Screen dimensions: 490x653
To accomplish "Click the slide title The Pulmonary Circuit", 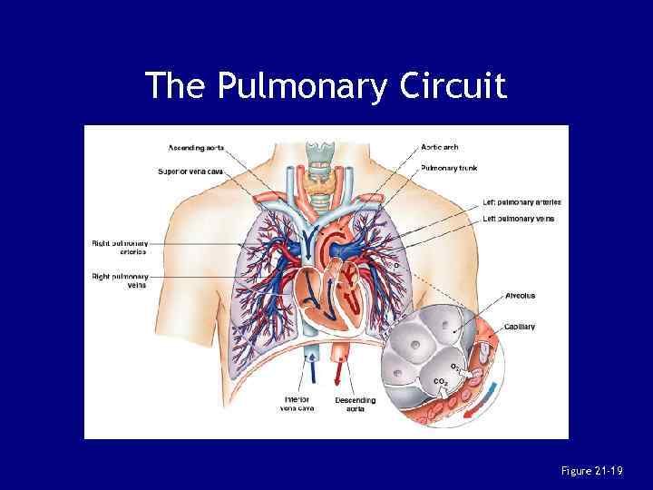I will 326,85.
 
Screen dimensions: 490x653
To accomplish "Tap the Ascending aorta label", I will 197,147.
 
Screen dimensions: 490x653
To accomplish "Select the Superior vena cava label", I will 190,171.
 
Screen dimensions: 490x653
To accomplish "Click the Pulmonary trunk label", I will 449,168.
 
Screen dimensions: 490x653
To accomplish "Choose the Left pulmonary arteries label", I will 521,202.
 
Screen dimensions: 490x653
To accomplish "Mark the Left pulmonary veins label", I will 518,219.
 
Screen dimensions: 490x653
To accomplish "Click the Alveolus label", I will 520,296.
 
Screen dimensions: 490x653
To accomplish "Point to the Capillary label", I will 520,327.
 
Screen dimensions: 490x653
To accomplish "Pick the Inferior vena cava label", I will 297,403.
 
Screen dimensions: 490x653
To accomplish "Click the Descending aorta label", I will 356,404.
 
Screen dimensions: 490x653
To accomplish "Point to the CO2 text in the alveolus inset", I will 440,381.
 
